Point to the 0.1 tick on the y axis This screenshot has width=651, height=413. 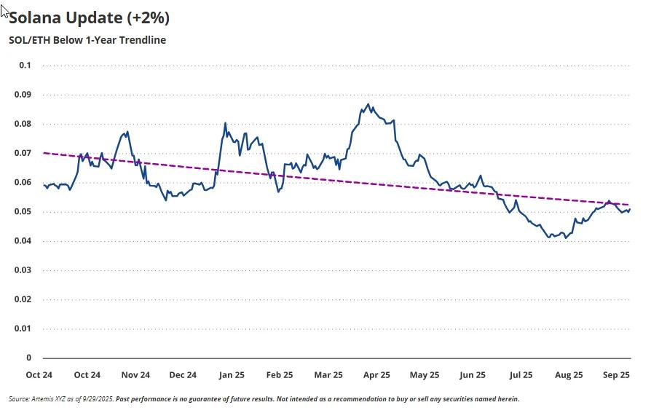click(25, 66)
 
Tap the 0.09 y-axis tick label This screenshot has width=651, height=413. click(24, 95)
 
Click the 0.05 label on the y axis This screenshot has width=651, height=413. click(24, 212)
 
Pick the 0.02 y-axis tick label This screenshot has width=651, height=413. click(24, 299)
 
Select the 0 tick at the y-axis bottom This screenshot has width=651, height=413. click(29, 358)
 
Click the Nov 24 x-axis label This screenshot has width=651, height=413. click(135, 375)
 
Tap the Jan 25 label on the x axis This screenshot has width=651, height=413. click(232, 375)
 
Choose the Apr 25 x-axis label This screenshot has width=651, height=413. click(376, 375)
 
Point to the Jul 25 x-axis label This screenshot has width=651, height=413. click(521, 375)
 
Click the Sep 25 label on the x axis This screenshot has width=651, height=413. click(617, 375)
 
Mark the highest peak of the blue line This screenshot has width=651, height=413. click(368, 104)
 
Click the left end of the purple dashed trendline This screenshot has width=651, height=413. click(44, 153)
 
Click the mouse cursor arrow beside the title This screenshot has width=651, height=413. click(5, 10)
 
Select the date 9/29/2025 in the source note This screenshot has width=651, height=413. click(95, 399)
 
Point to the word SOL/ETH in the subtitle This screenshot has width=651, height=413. click(28, 40)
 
